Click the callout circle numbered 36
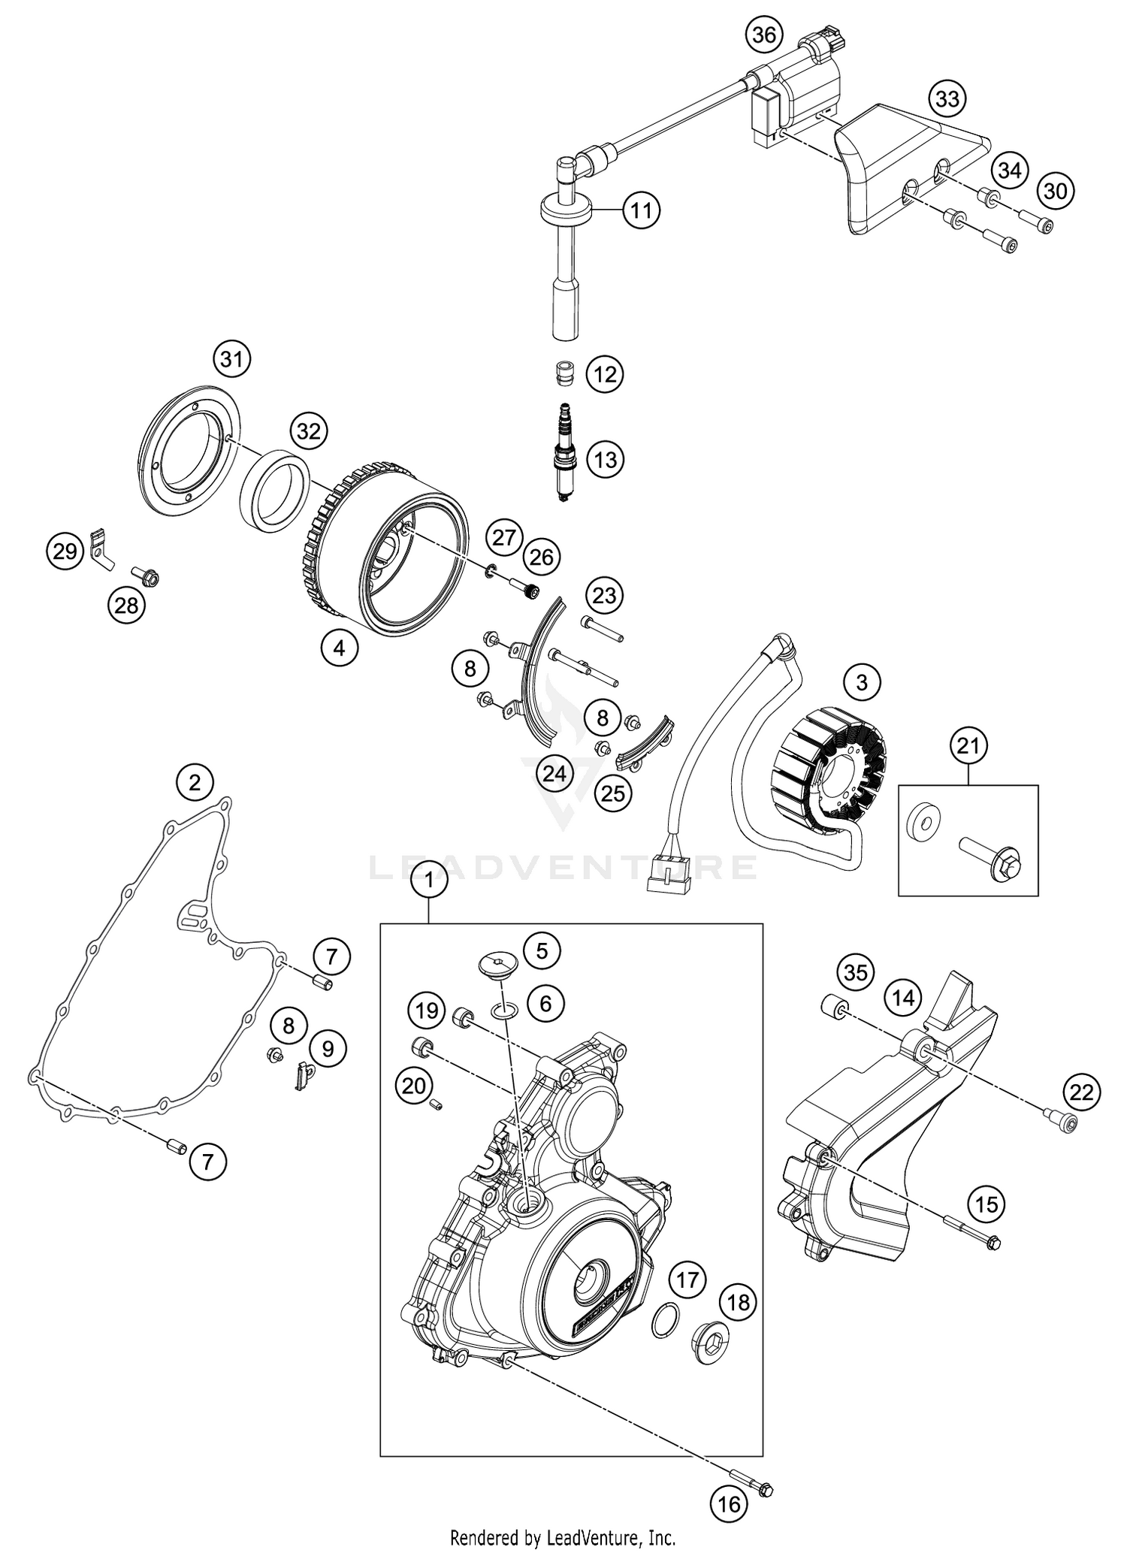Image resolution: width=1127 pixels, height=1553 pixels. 765,36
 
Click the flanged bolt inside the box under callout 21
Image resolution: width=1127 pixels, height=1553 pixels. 992,860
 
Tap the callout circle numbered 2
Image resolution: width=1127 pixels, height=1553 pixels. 195,784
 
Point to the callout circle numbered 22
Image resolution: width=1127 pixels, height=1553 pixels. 1082,1092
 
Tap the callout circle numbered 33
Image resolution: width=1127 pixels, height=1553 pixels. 947,98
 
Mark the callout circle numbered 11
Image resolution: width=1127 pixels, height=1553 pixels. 641,210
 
